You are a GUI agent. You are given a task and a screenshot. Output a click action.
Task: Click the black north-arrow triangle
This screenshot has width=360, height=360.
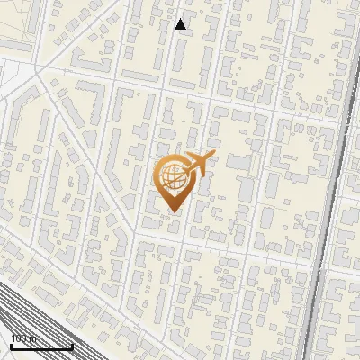pos(180,24)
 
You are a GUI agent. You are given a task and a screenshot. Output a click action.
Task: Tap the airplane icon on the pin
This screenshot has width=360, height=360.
pos(200,164)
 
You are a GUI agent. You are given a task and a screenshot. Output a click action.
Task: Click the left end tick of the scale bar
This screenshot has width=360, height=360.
pos(11,346)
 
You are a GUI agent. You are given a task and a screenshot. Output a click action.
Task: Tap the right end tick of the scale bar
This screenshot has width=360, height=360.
pos(72,346)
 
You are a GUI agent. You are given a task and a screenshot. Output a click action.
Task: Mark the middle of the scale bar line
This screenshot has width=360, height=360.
pos(41,347)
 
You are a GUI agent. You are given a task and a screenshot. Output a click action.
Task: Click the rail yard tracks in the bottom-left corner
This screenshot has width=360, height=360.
pos(27,315)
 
